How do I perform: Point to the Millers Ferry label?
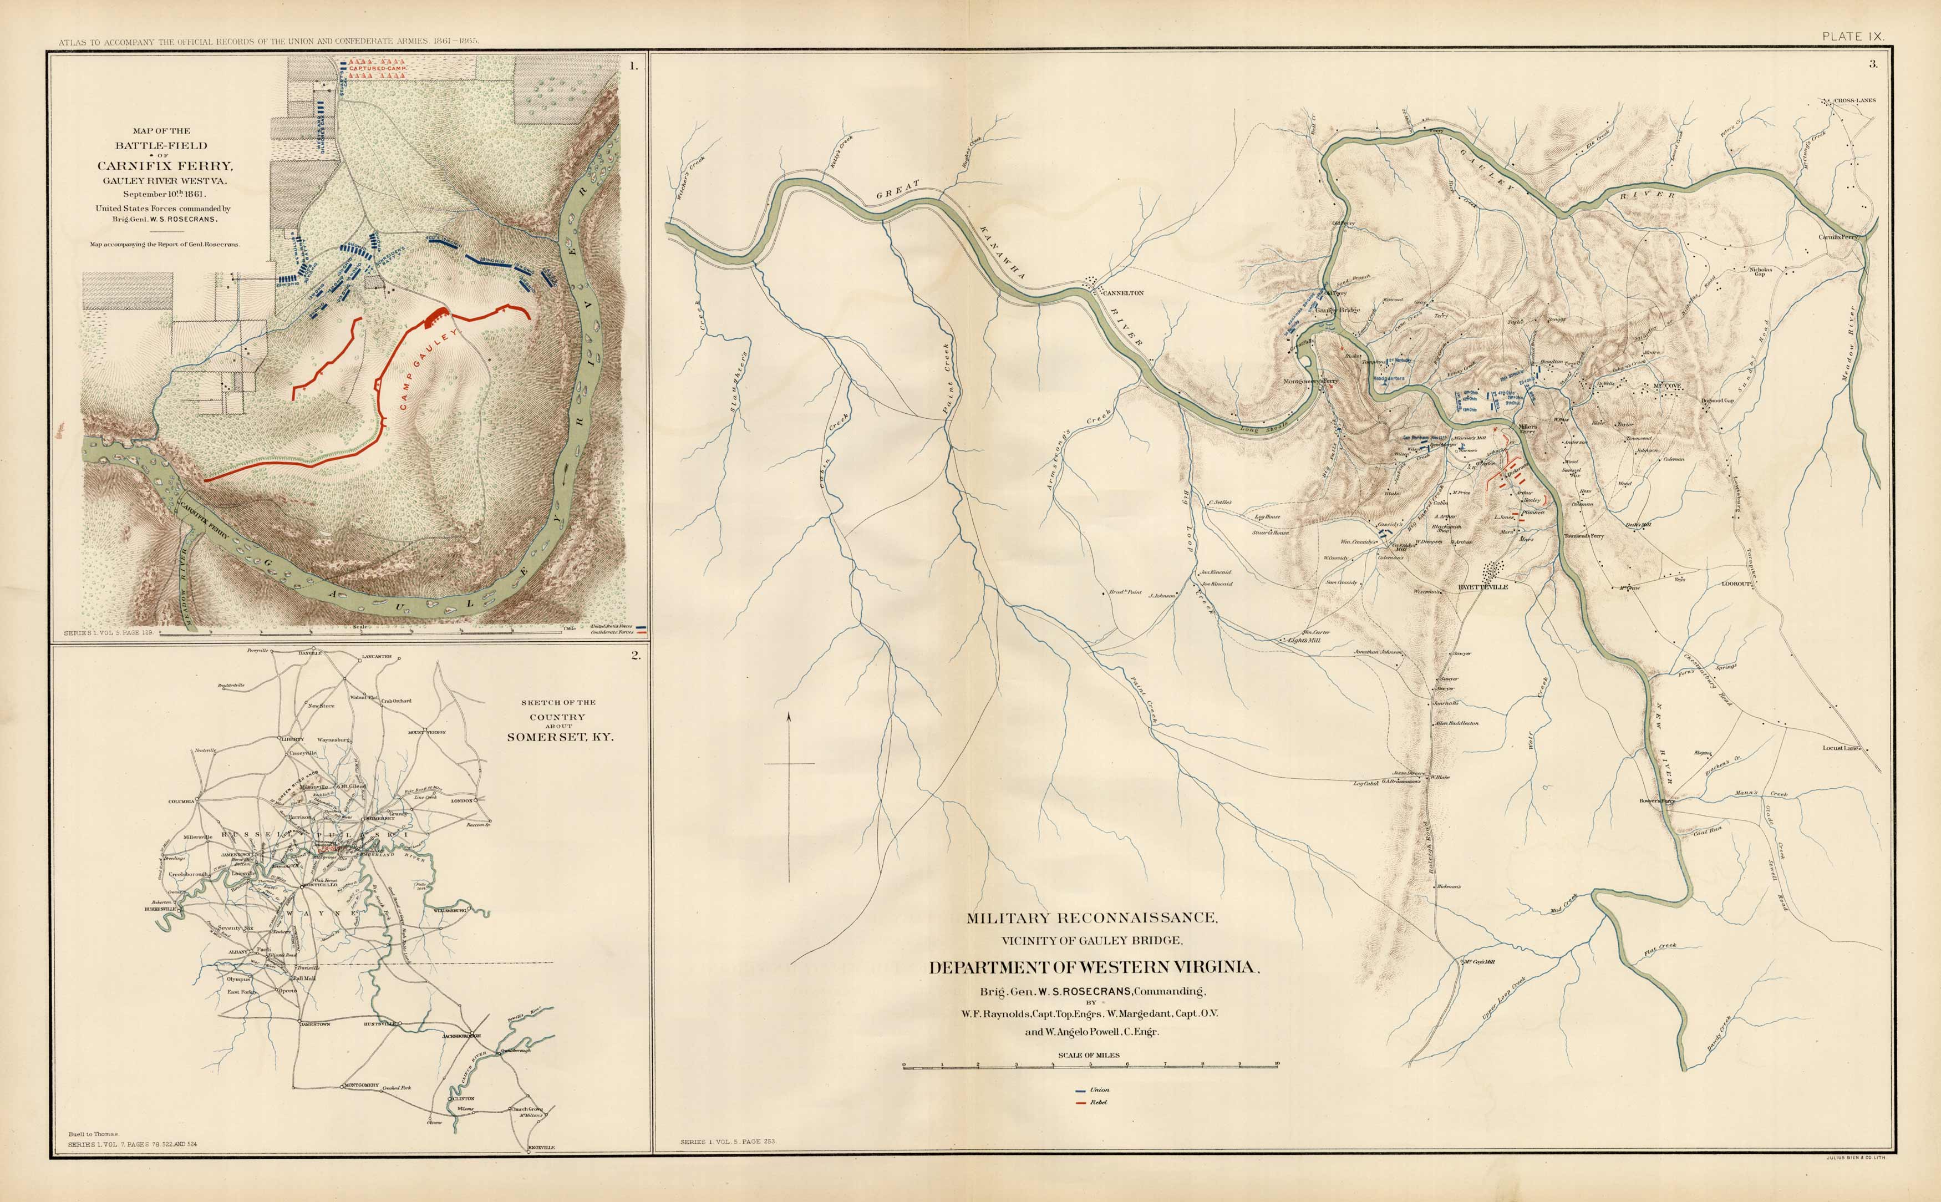point(1528,428)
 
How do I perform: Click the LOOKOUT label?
point(1737,584)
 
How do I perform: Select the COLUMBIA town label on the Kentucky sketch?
point(181,802)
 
